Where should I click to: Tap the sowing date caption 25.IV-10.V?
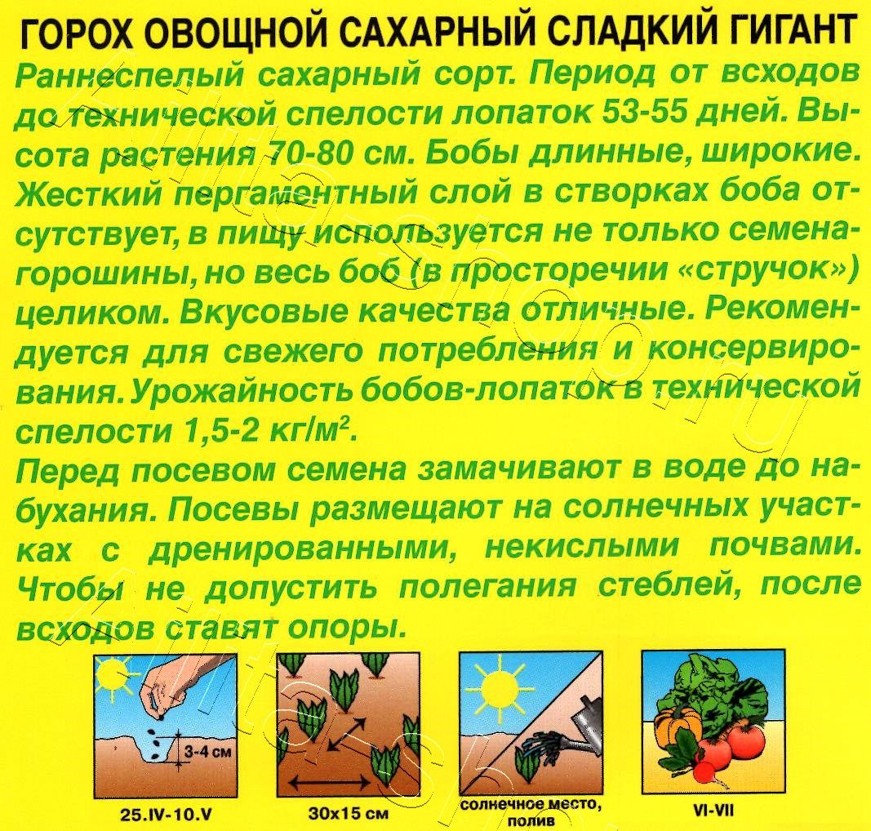click(x=162, y=812)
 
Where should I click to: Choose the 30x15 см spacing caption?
click(x=348, y=813)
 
